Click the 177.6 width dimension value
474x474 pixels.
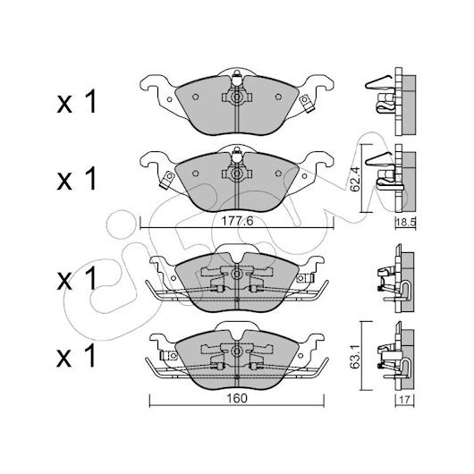[237, 222]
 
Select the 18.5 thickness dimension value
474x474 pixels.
[406, 223]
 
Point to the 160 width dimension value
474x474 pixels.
[237, 398]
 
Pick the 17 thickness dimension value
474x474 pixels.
[405, 400]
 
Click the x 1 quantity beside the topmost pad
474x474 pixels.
[77, 102]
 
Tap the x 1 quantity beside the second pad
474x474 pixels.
[77, 179]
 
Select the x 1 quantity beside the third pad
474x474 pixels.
[77, 278]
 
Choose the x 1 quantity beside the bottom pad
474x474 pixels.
[77, 355]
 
